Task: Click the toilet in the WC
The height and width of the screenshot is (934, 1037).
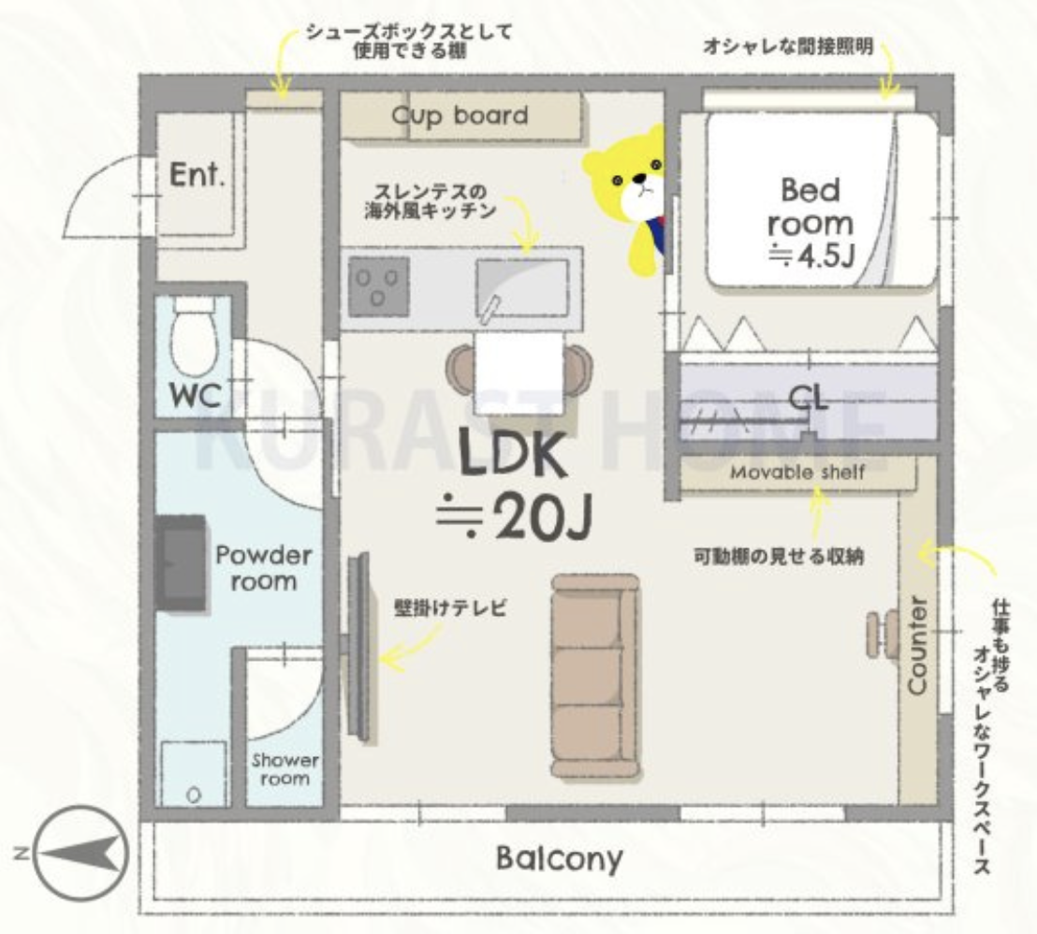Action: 195,337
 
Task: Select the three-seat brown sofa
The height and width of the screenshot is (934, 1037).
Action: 596,676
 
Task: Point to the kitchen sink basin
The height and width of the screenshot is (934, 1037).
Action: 522,289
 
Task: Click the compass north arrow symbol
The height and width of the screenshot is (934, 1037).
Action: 80,852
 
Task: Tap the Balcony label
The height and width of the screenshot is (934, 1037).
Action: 560,858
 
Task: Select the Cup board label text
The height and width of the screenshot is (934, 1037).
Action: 460,116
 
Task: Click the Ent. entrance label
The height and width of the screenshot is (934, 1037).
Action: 197,175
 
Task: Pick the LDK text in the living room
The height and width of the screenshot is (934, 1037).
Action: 513,455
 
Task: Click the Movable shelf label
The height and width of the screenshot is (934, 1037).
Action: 796,473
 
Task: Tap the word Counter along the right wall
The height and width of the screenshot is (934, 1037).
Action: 917,646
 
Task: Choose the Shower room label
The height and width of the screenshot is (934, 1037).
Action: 285,769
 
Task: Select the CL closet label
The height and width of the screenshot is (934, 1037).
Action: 809,398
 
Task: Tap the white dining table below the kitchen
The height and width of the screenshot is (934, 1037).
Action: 519,373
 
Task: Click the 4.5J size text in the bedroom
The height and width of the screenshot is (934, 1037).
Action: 812,255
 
